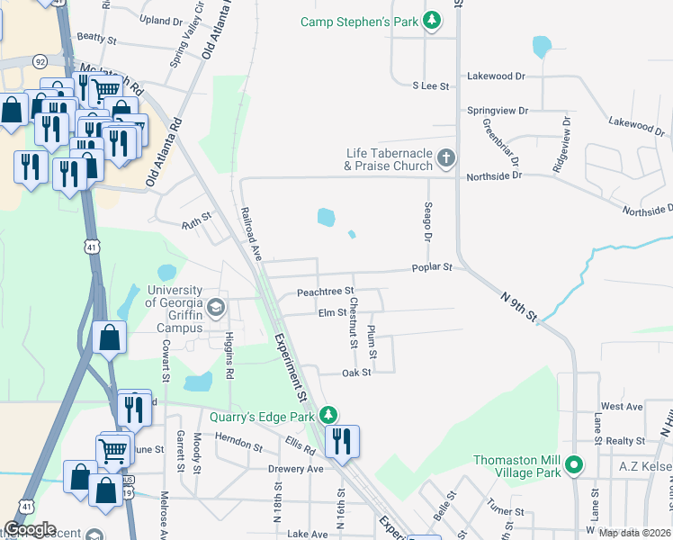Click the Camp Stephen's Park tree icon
tap(433, 20)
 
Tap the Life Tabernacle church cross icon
tap(445, 160)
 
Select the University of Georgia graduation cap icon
tap(215, 309)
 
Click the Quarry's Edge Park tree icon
tap(329, 415)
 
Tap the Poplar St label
tap(431, 267)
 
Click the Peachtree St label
tap(325, 292)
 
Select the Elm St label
tap(332, 312)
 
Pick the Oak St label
tap(356, 373)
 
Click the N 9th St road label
tap(520, 304)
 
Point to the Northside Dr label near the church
tap(494, 177)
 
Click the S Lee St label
tap(430, 85)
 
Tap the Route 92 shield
tap(40, 61)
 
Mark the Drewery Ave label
tap(295, 469)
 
